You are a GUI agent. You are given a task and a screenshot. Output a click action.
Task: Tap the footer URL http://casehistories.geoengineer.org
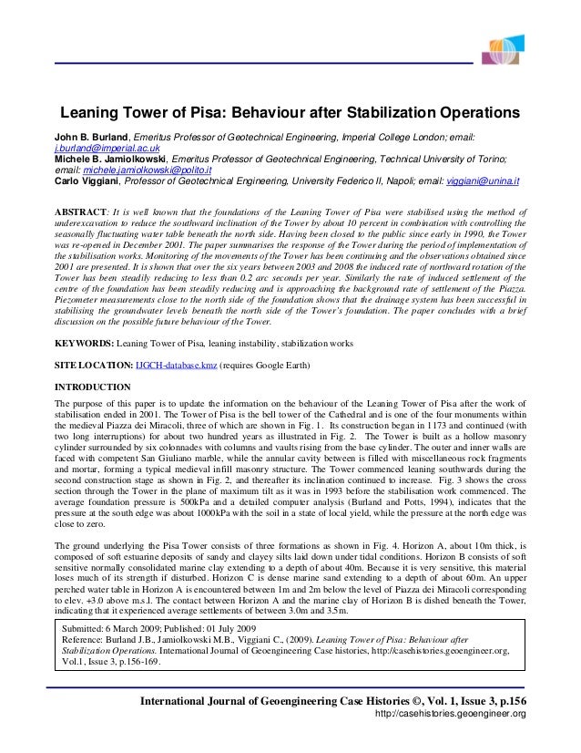451,714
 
